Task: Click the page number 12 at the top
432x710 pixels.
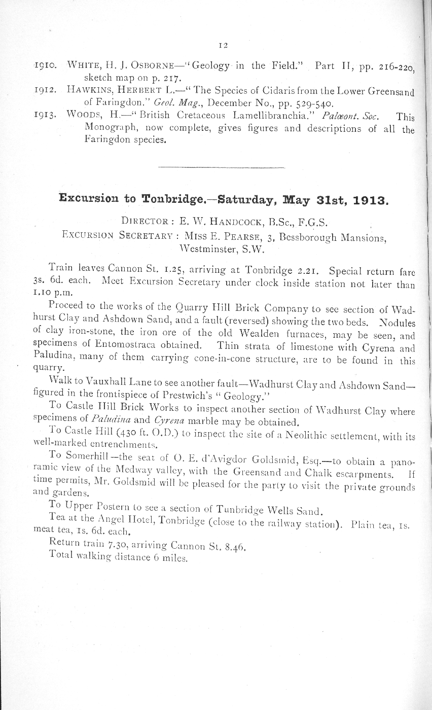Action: coord(222,45)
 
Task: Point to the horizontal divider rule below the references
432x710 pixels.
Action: coord(222,167)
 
